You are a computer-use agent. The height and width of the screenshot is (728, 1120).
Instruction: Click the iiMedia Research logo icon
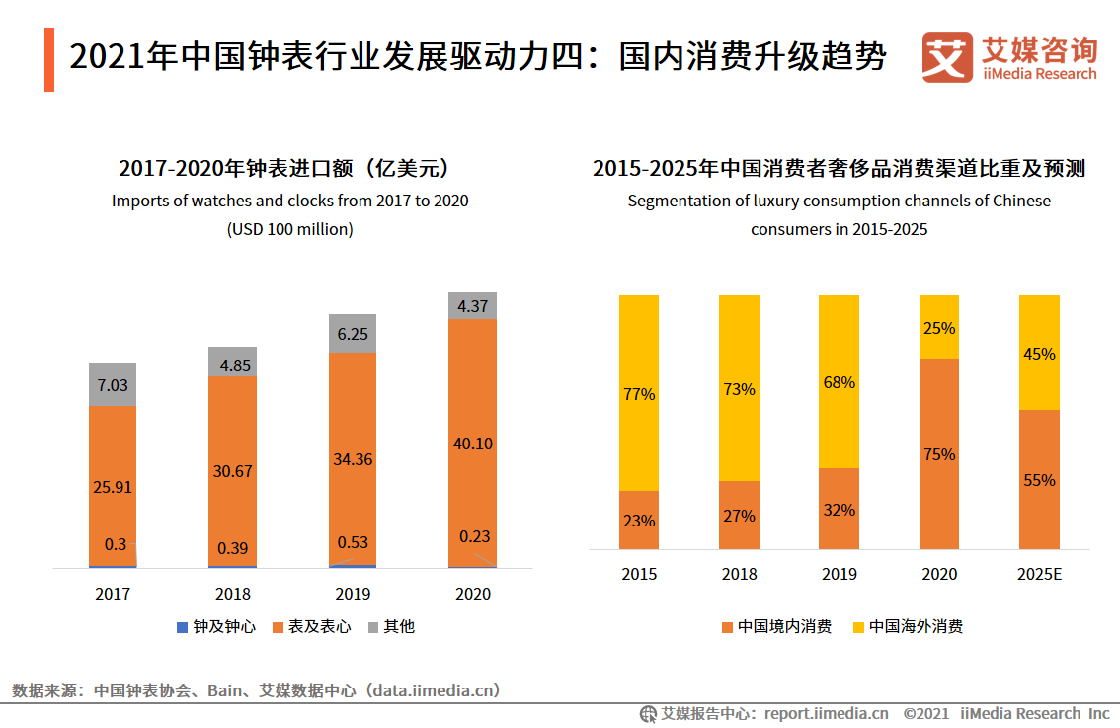(946, 58)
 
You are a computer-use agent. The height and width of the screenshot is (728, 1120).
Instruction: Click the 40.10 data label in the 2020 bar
(472, 444)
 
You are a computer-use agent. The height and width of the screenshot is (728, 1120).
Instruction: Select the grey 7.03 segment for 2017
(113, 384)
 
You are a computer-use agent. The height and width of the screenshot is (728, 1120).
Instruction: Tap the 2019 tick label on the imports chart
(353, 594)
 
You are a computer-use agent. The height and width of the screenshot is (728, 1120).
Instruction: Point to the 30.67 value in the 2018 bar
(232, 471)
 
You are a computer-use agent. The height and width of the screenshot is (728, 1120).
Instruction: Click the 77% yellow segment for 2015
(639, 394)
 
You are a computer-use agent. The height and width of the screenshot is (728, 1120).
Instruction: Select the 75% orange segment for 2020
(938, 454)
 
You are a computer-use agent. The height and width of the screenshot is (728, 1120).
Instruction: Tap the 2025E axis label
(1039, 574)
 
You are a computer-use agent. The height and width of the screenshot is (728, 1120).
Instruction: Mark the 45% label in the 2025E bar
(1039, 354)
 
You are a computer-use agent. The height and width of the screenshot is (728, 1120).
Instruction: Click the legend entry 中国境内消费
(776, 626)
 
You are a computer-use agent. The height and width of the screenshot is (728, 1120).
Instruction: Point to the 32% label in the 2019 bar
(839, 510)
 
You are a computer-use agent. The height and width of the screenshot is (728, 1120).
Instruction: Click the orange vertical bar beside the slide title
(49, 60)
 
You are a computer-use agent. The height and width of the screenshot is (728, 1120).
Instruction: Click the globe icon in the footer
(648, 713)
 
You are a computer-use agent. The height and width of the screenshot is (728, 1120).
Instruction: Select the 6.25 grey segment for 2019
(353, 334)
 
